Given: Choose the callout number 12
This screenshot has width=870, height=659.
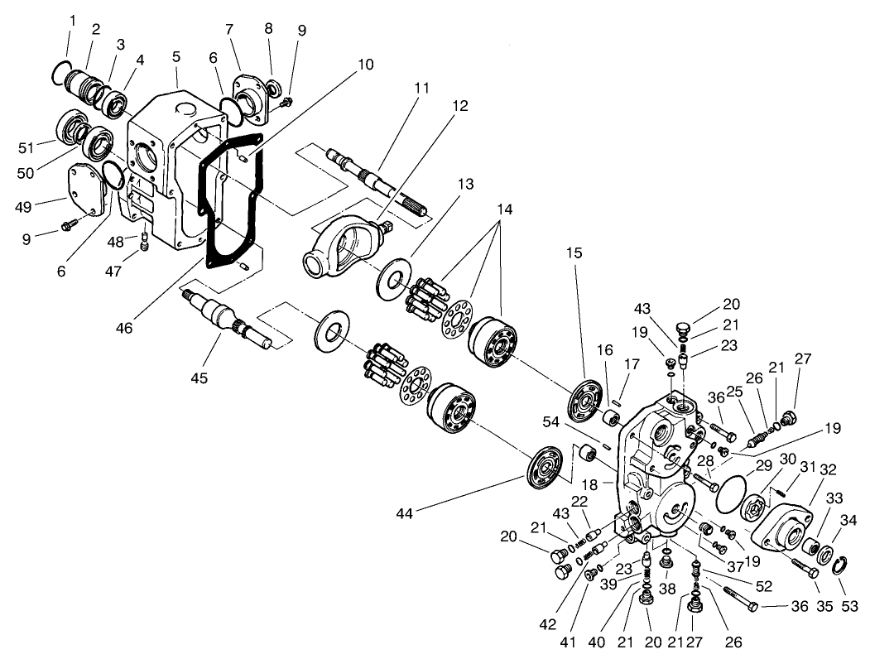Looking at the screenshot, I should (460, 106).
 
